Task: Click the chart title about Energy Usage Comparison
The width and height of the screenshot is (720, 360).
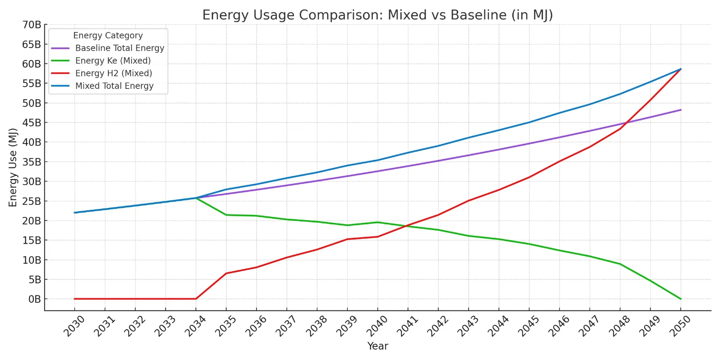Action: click(377, 15)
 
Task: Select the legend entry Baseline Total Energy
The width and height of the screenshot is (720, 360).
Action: click(120, 48)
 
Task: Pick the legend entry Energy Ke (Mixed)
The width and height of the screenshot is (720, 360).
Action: click(113, 61)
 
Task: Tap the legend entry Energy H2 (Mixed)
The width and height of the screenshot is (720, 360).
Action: click(113, 74)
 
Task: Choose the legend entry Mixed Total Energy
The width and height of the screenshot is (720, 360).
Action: click(114, 86)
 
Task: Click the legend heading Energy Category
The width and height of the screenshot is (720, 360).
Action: click(108, 36)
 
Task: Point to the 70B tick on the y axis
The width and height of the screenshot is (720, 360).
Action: click(32, 25)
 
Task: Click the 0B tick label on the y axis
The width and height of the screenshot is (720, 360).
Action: click(34, 299)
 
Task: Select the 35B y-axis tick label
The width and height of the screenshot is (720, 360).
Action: click(32, 162)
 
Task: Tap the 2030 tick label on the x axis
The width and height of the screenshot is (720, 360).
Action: click(74, 326)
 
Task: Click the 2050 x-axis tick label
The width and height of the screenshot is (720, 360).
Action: click(680, 326)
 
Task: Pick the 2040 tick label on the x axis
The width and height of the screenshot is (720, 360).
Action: click(377, 326)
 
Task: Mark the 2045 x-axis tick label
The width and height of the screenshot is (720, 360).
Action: click(528, 326)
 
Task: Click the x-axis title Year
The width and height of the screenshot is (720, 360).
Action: click(377, 346)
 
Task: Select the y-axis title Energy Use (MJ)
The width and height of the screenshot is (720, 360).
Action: click(13, 167)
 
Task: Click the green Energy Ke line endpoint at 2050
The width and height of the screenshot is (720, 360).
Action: click(681, 299)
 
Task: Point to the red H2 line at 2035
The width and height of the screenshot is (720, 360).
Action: click(226, 273)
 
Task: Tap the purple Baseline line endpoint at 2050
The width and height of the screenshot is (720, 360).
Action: click(681, 110)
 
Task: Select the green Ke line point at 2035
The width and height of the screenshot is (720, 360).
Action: click(226, 215)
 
